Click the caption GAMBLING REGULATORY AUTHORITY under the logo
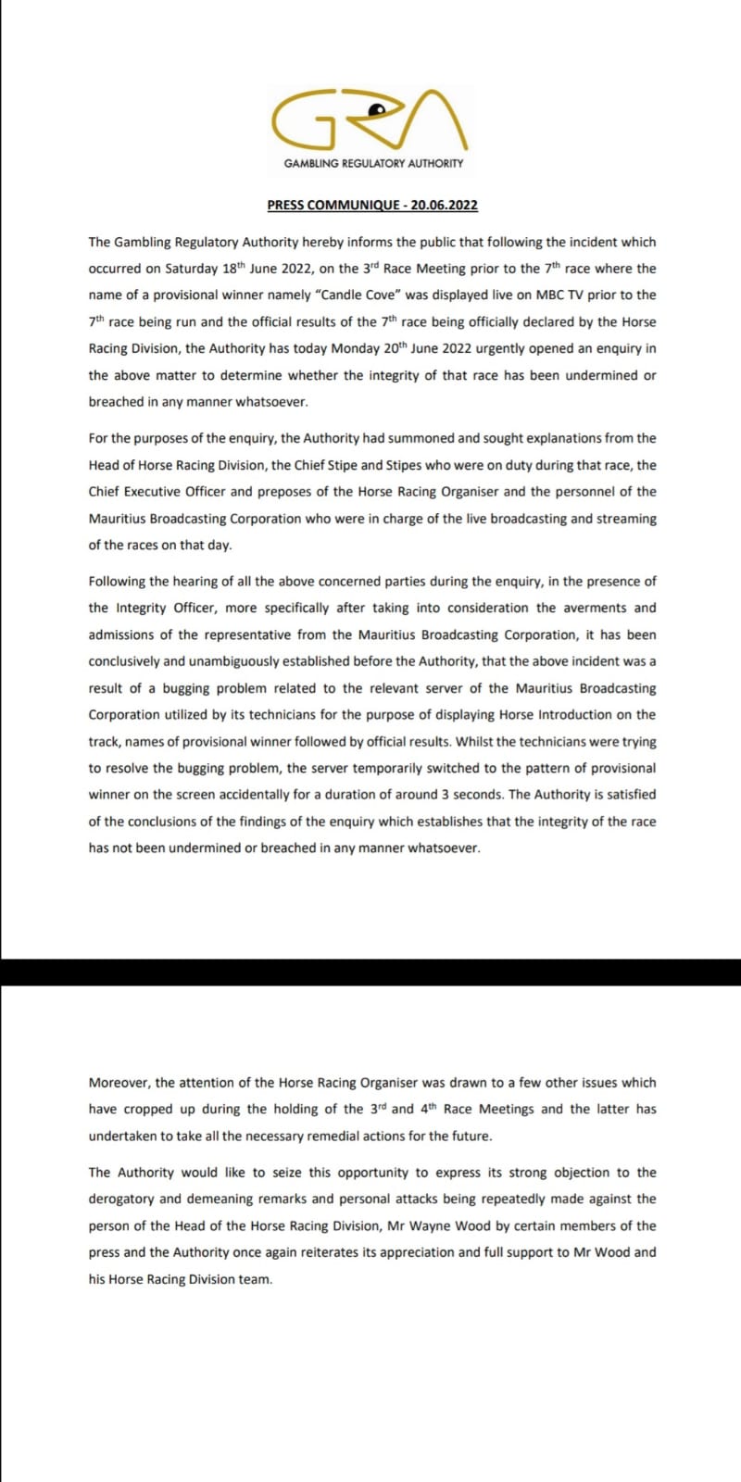(373, 163)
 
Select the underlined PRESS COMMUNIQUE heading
(372, 205)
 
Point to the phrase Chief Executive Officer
(157, 492)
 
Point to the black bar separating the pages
(370, 972)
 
